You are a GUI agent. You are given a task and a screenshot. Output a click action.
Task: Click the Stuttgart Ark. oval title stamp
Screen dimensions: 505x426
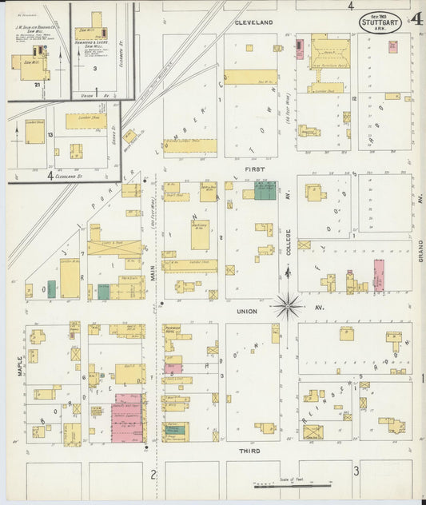380,21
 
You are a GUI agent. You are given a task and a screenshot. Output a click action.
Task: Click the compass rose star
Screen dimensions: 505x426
287,305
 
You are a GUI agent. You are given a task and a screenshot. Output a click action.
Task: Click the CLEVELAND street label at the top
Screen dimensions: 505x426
253,22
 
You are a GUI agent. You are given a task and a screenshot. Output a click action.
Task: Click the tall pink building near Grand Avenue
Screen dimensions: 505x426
378,274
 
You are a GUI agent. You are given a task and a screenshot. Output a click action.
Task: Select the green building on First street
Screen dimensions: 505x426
265,190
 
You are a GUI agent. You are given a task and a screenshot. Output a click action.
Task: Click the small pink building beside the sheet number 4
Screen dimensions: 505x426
392,46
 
